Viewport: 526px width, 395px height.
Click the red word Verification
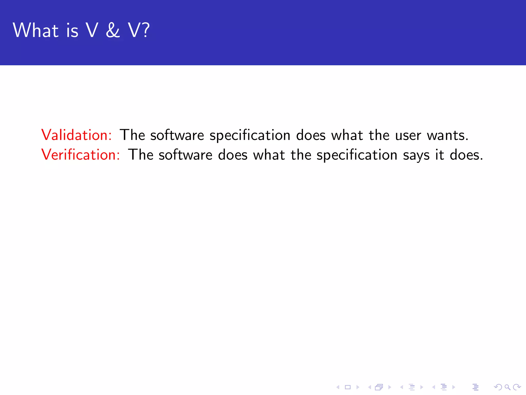(x=80, y=155)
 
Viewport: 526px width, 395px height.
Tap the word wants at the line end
(x=447, y=135)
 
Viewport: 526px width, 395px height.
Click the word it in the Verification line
(x=439, y=155)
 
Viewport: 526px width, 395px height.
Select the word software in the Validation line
(x=177, y=135)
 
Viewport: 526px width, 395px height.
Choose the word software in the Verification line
(x=185, y=155)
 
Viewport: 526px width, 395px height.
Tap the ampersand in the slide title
(x=113, y=30)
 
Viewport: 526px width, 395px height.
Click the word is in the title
(x=72, y=31)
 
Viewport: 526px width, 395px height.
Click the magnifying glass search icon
(x=507, y=387)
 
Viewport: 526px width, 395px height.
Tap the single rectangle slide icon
(x=348, y=387)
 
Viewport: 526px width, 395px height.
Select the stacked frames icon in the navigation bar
(x=379, y=387)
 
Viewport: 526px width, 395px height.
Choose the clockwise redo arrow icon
(x=517, y=387)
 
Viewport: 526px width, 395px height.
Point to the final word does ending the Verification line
(x=466, y=155)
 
